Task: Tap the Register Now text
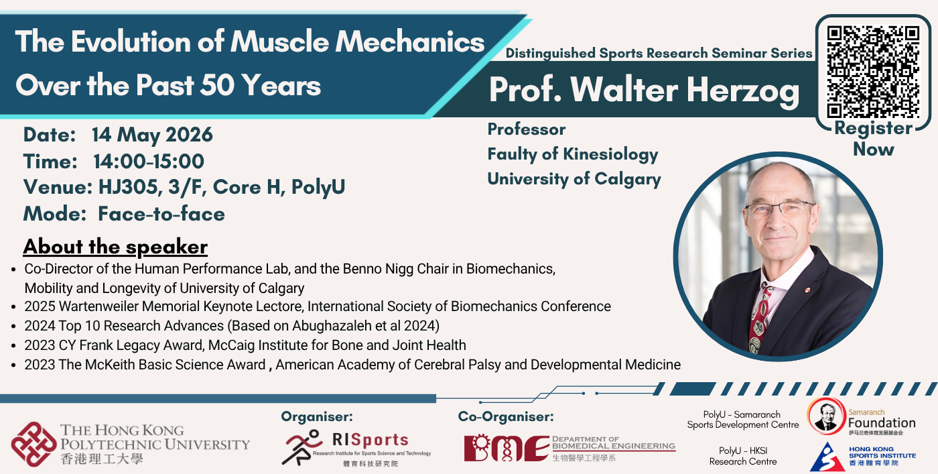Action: (x=874, y=139)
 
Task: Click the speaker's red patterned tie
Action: (x=760, y=319)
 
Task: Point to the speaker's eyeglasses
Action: (x=780, y=210)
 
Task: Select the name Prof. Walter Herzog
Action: (x=644, y=90)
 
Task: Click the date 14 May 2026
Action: (x=153, y=135)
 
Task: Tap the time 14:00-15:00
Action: (x=149, y=162)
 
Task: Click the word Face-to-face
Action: (x=161, y=214)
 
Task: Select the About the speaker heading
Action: (x=115, y=247)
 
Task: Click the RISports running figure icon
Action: (x=301, y=447)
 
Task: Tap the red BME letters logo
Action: (x=507, y=448)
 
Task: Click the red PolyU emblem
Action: (x=33, y=445)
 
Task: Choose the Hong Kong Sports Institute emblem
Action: (x=826, y=457)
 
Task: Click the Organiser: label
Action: (x=317, y=416)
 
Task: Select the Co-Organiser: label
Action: (x=506, y=416)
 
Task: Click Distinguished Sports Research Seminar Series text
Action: (x=659, y=53)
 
